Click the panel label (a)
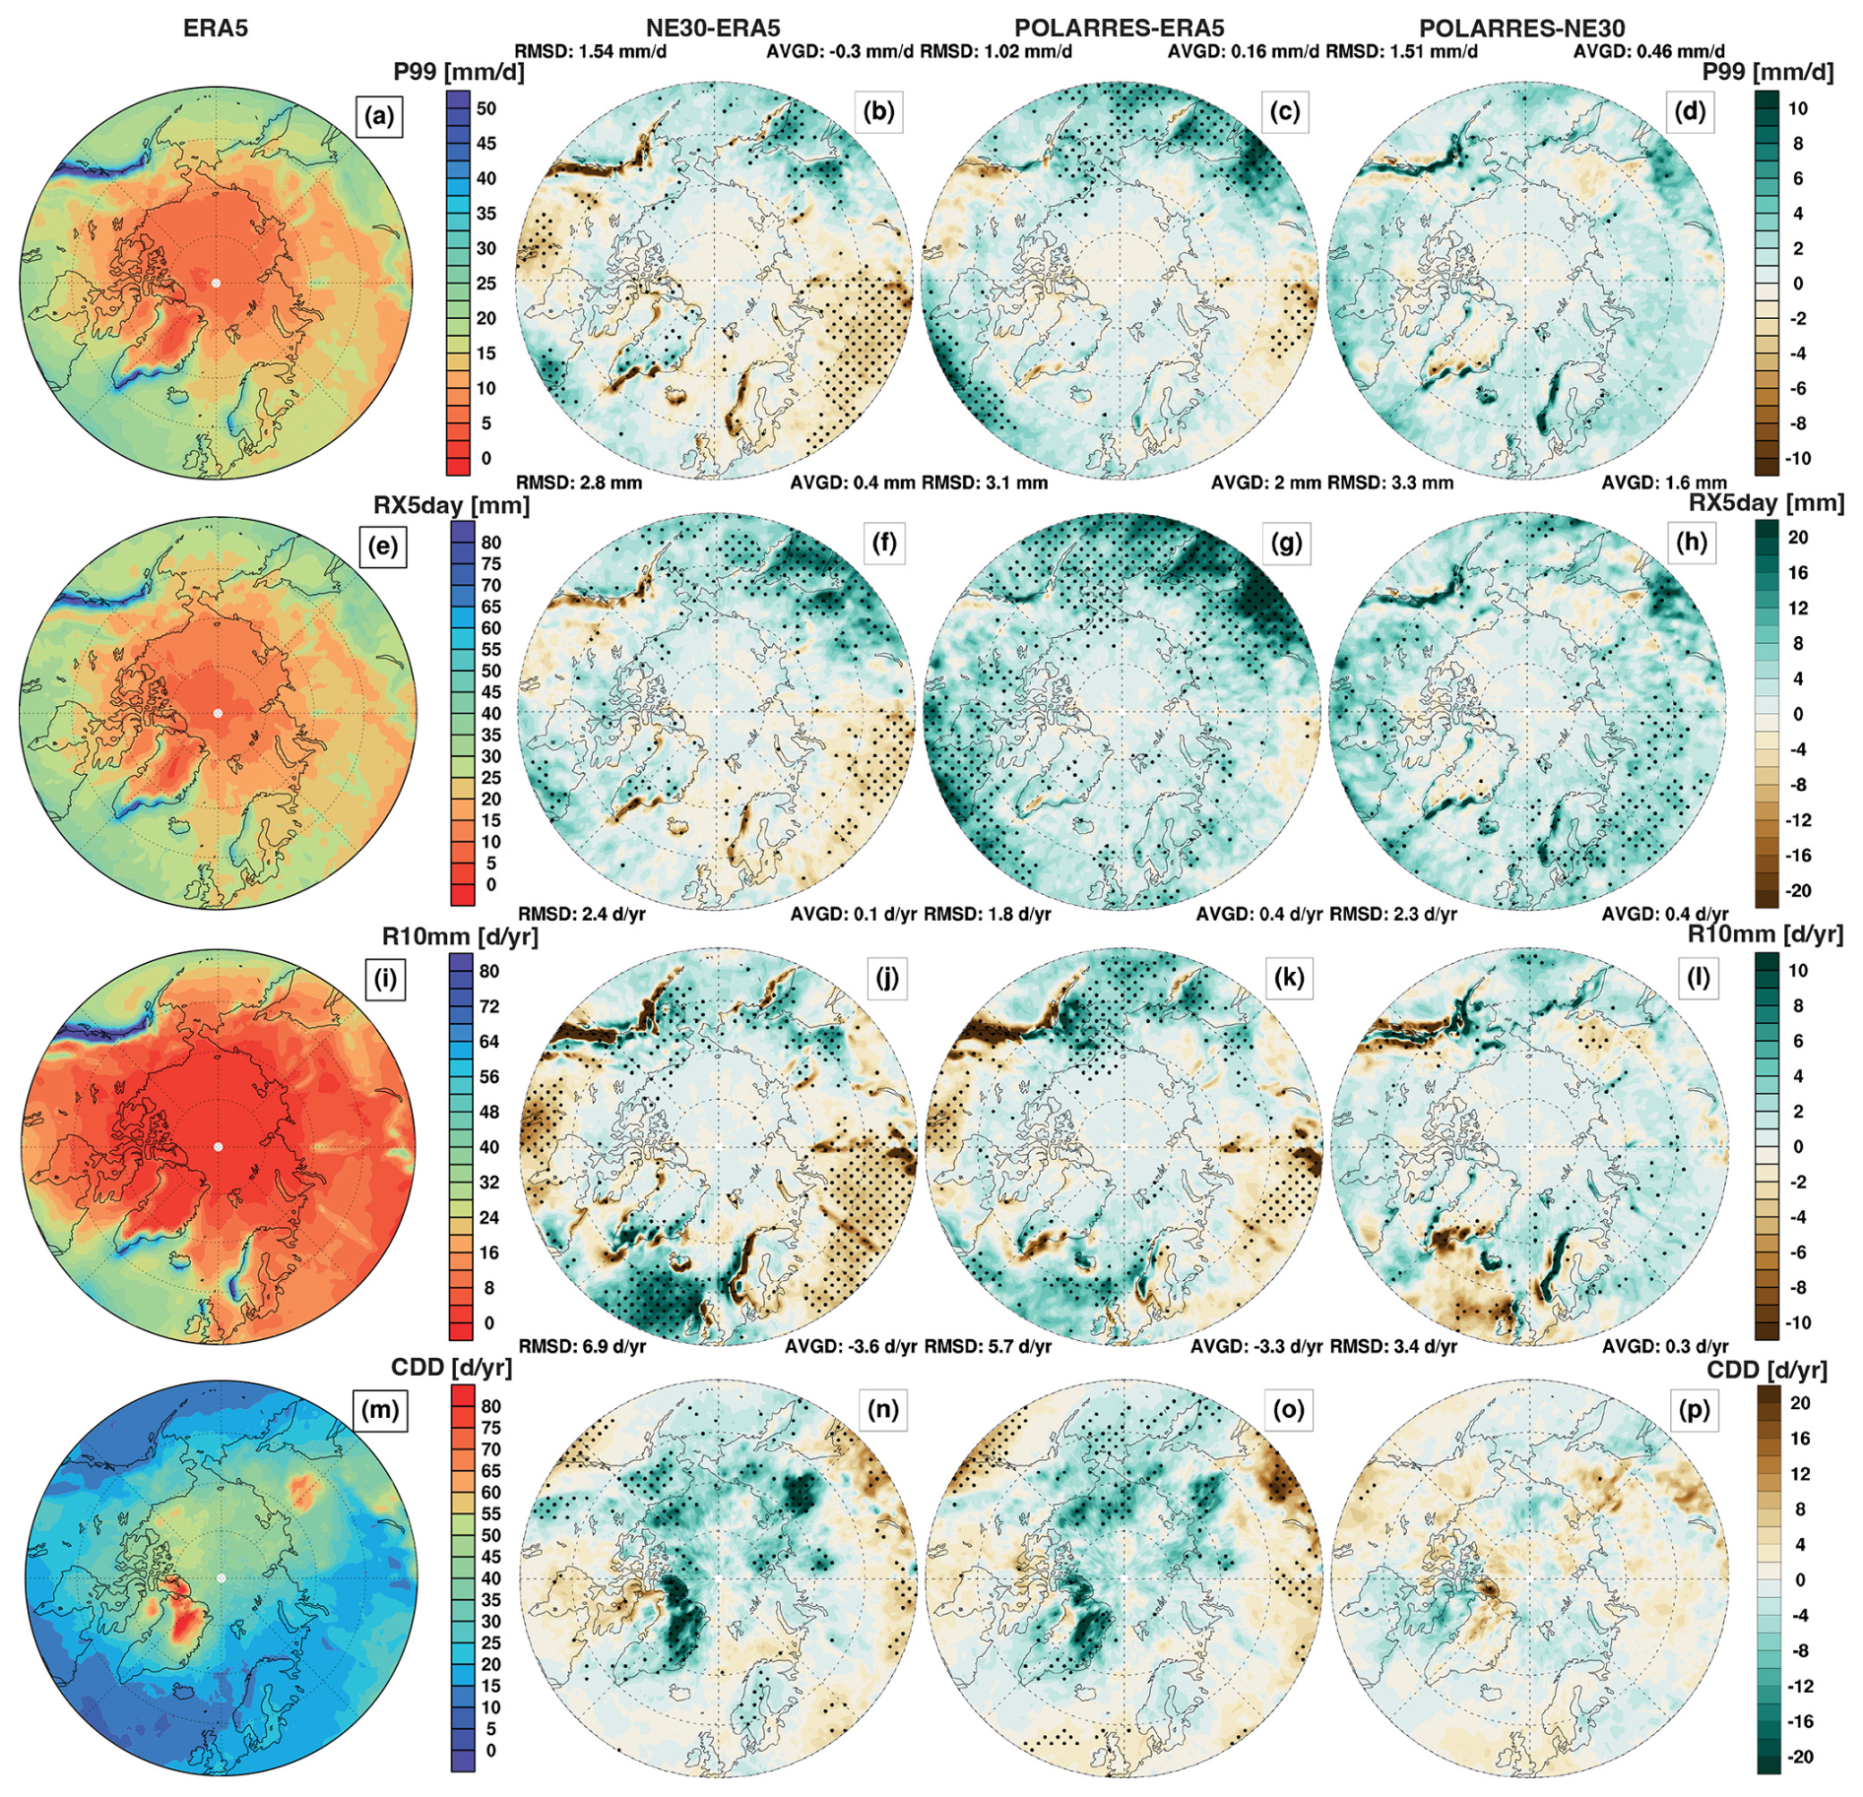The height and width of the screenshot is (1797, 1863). (379, 116)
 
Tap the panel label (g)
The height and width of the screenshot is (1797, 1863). (1286, 543)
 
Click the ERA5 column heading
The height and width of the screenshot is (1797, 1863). (216, 29)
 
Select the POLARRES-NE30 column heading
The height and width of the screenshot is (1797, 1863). (1521, 29)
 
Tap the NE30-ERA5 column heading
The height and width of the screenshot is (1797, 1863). (712, 29)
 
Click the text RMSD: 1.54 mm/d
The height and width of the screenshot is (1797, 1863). (591, 51)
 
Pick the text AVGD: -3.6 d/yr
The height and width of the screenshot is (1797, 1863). (851, 1346)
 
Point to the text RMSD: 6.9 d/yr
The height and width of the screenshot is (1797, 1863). (582, 1346)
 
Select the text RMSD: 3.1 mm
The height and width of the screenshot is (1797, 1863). (985, 482)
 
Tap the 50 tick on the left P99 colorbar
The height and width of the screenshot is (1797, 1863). (486, 108)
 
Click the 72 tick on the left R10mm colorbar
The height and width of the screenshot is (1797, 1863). (489, 1006)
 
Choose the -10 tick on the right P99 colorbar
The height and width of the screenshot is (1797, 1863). (1798, 458)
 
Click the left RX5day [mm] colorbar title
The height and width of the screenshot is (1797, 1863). (451, 505)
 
